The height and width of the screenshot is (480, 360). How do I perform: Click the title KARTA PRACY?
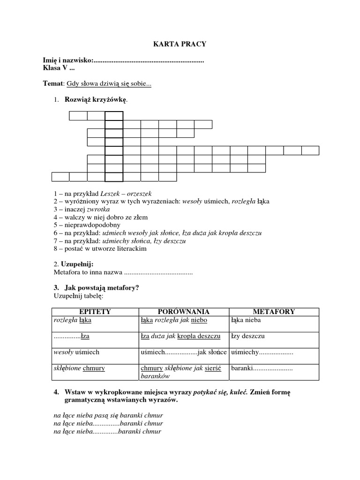[x=180, y=44]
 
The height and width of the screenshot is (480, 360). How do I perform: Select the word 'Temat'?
[x=52, y=84]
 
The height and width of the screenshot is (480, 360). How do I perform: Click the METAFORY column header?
[x=274, y=312]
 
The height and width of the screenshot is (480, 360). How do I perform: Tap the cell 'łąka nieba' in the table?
[x=246, y=320]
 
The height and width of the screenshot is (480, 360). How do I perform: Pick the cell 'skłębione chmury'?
[x=79, y=368]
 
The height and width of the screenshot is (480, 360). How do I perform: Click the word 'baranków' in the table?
[x=155, y=376]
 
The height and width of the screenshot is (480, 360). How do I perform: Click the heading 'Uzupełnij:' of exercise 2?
[x=77, y=264]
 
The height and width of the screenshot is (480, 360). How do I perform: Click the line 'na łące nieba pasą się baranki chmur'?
[x=108, y=415]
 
